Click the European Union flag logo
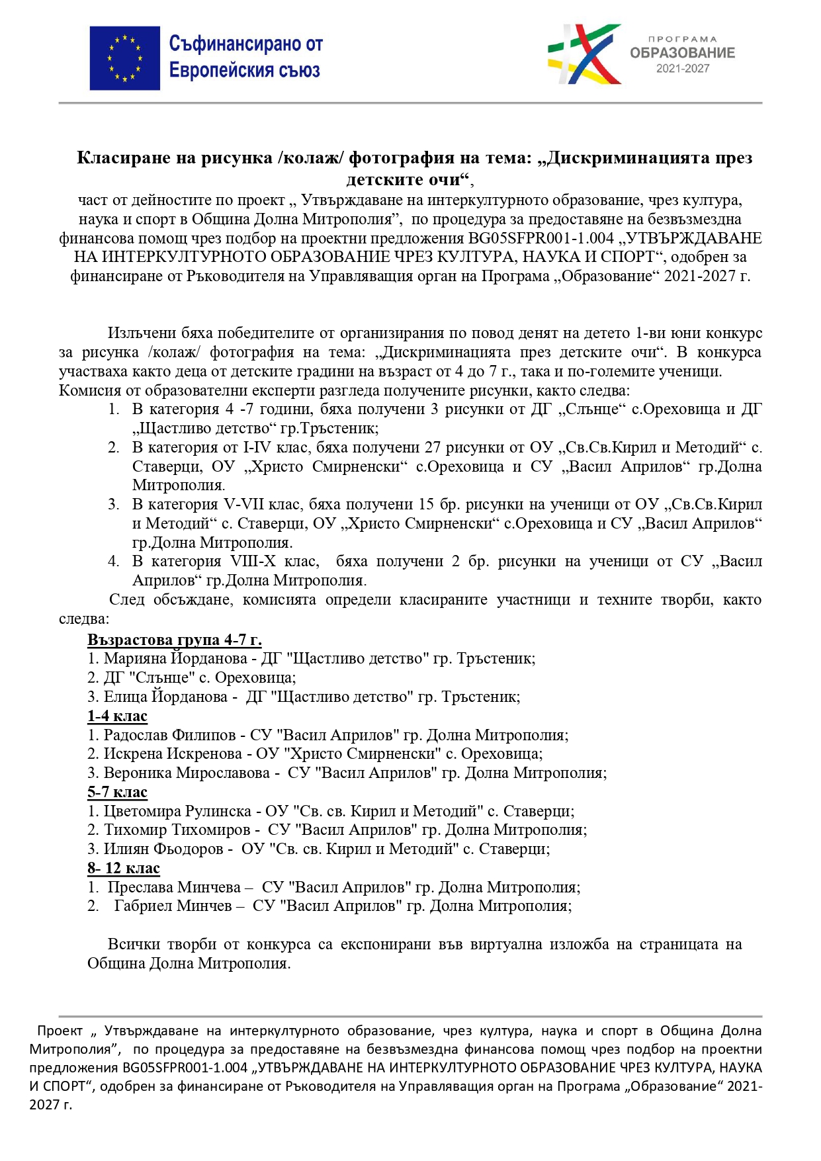125,58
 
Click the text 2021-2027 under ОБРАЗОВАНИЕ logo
682,69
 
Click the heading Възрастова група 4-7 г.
175,640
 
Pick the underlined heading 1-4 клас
117,716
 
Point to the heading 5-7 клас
117,792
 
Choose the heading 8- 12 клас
124,868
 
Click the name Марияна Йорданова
175,659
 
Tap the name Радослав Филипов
169,735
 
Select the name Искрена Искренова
173,754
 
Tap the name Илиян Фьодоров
163,849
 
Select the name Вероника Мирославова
187,773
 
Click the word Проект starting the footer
60,1031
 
